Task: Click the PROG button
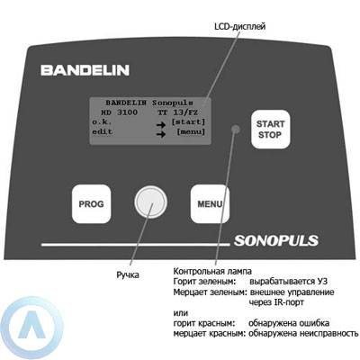pyautogui.click(x=92, y=204)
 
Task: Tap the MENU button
pyautogui.click(x=210, y=204)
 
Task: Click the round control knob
pyautogui.click(x=150, y=202)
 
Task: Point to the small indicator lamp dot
pyautogui.click(x=236, y=129)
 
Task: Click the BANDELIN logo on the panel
pyautogui.click(x=85, y=70)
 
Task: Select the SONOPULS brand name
pyautogui.click(x=276, y=240)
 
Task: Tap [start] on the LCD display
pyautogui.click(x=188, y=122)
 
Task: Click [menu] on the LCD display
pyautogui.click(x=191, y=132)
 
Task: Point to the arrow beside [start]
pyautogui.click(x=161, y=124)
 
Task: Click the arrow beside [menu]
pyautogui.click(x=161, y=134)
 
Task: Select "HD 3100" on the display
pyautogui.click(x=119, y=112)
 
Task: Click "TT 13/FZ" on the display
pyautogui.click(x=177, y=112)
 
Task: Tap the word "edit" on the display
pyautogui.click(x=103, y=131)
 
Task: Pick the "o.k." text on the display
pyautogui.click(x=102, y=122)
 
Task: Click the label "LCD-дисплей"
pyautogui.click(x=240, y=26)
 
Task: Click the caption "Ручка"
pyautogui.click(x=128, y=274)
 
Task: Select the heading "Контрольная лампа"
pyautogui.click(x=212, y=271)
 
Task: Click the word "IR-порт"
pyautogui.click(x=289, y=302)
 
